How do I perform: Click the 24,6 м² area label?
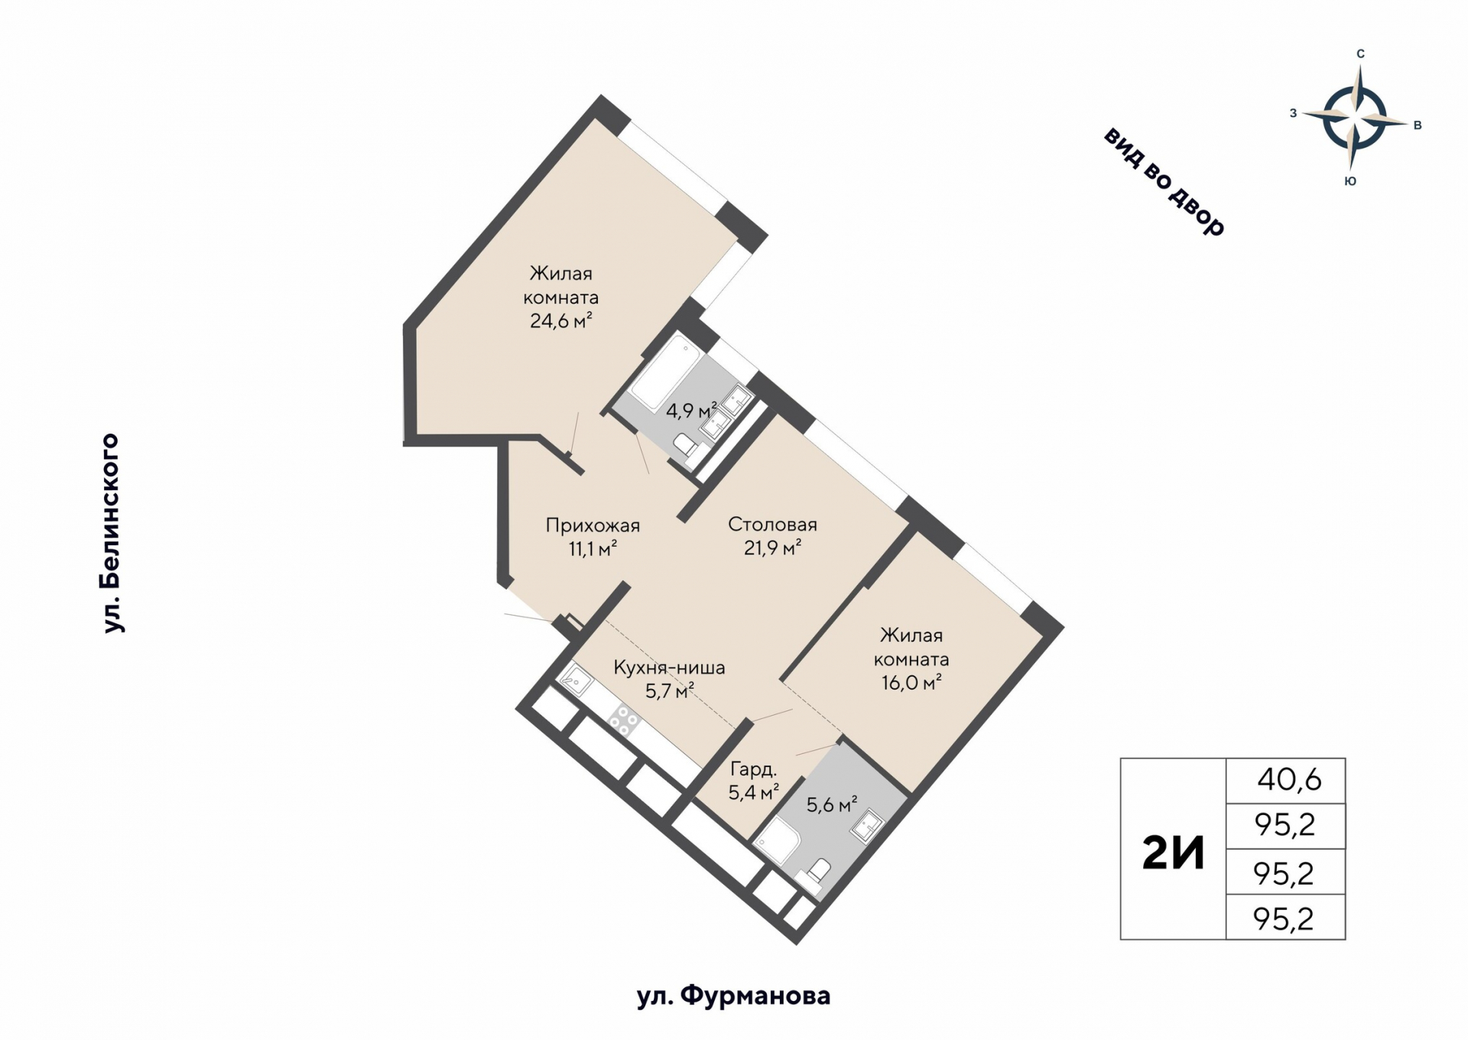[x=560, y=321]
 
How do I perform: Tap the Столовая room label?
[x=772, y=525]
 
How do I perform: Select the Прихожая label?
[x=593, y=525]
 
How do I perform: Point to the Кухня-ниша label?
[x=669, y=668]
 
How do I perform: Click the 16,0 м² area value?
[x=911, y=683]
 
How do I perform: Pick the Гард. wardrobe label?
[x=753, y=769]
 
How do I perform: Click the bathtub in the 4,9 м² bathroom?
[x=662, y=372]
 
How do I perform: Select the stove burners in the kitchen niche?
[x=624, y=720]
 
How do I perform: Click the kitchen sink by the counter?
[x=575, y=680]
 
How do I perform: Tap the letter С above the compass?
[x=1360, y=54]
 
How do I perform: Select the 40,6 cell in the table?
[x=1289, y=780]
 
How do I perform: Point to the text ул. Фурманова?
[x=733, y=996]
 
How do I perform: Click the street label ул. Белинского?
[x=112, y=533]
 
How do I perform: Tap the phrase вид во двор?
[x=1164, y=181]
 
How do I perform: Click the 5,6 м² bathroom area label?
[x=832, y=804]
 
